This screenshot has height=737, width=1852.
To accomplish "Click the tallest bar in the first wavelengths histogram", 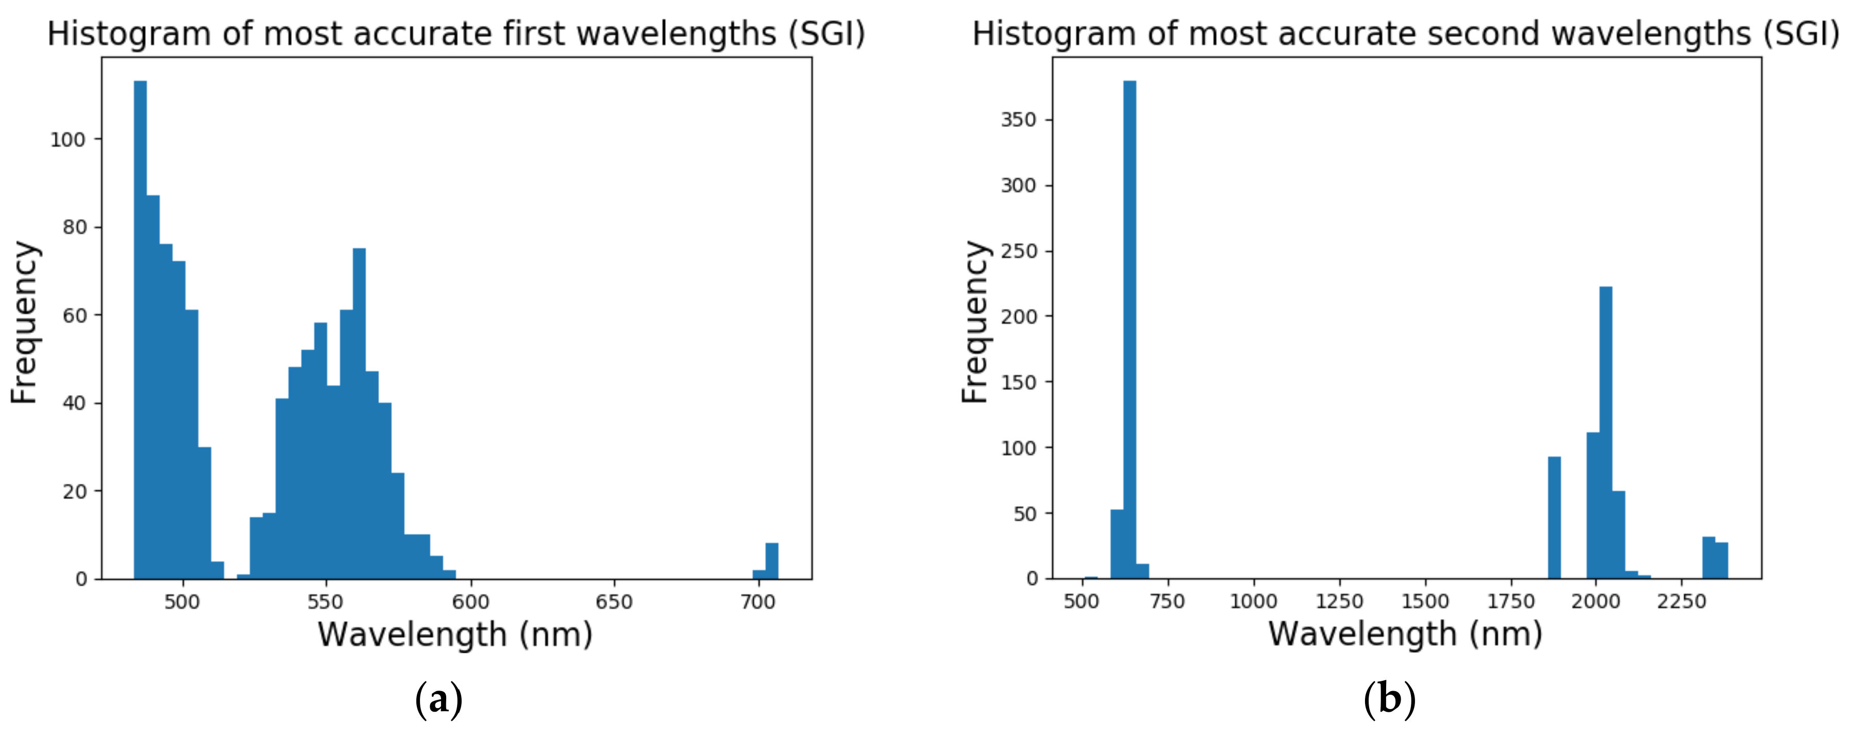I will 140,331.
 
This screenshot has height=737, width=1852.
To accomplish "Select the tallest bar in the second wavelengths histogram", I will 1129,331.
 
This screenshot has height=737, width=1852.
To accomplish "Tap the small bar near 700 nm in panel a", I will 771,562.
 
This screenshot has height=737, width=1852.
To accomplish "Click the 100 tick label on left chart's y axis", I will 68,139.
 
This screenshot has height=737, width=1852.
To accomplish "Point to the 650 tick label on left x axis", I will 614,602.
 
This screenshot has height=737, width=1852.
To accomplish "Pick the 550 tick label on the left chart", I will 326,602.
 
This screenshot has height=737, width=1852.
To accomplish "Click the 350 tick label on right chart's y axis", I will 1019,120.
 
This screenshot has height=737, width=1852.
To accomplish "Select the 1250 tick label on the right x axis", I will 1339,602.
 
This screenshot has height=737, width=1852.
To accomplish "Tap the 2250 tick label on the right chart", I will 1682,602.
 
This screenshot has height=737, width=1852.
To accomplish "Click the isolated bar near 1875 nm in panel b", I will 1554,518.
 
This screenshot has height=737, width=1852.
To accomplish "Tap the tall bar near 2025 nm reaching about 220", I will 1605,431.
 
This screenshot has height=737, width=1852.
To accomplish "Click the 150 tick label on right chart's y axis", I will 1019,383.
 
